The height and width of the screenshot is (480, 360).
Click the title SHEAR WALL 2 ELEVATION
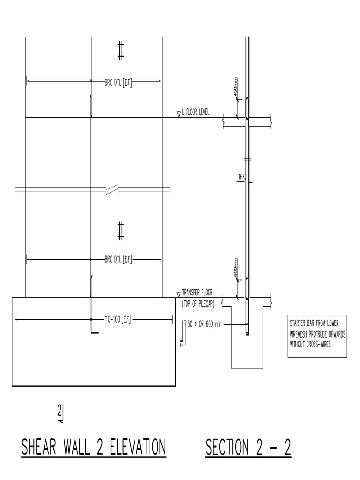click(93, 447)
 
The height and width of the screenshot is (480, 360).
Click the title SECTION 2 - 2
click(248, 447)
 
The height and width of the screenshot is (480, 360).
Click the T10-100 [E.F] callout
click(117, 320)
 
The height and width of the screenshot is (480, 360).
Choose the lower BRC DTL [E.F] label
click(119, 259)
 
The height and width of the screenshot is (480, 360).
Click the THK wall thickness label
click(241, 177)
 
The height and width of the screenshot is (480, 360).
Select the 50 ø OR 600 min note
click(204, 324)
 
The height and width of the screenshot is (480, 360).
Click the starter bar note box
click(317, 337)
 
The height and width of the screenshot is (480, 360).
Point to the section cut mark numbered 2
click(60, 413)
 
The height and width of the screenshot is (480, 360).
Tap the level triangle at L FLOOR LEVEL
click(179, 114)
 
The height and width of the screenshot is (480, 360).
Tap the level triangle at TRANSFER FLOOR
click(178, 294)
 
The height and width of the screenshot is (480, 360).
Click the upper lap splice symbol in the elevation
click(120, 50)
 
